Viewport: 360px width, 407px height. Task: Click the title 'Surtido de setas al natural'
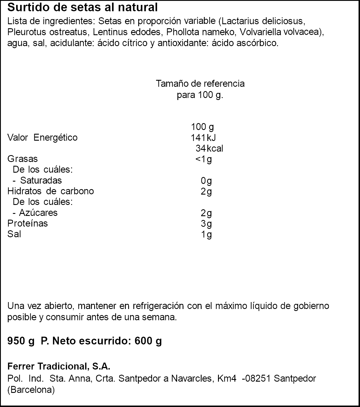[82, 7]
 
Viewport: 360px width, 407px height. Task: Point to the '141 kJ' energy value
[203, 138]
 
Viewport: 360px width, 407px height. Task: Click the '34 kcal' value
[209, 148]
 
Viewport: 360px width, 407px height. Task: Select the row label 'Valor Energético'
[42, 137]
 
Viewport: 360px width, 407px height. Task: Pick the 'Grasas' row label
[22, 159]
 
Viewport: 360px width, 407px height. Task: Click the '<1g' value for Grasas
[204, 159]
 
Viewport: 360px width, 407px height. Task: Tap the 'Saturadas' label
[41, 180]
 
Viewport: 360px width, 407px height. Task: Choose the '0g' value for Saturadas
[206, 181]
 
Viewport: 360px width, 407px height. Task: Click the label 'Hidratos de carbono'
[51, 191]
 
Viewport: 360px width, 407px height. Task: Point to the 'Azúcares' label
[38, 213]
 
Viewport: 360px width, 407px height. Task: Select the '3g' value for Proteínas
[206, 224]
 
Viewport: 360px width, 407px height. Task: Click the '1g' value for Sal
[206, 235]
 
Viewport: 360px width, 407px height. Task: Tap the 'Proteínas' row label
[28, 223]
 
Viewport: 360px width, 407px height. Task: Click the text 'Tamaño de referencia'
[200, 84]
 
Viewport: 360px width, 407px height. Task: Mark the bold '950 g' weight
[21, 341]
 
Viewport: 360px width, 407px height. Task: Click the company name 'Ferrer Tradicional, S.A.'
[59, 366]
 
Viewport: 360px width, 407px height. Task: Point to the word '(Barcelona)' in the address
[31, 390]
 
